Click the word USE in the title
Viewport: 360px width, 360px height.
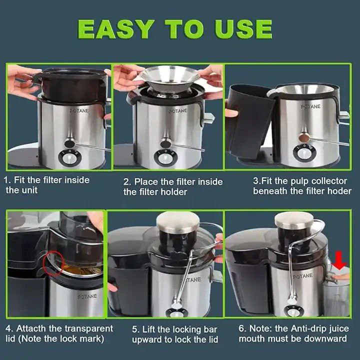point(243,29)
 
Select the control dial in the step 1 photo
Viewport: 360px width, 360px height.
point(70,158)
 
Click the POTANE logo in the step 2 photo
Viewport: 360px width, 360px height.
point(178,111)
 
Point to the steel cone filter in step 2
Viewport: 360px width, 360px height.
point(170,78)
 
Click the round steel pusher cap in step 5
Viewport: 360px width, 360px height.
point(178,222)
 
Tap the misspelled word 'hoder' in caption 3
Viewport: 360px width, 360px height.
point(339,191)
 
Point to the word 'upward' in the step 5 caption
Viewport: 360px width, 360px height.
point(146,340)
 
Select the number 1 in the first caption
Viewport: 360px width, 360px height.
point(7,180)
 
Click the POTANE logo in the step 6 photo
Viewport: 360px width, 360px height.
point(303,276)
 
